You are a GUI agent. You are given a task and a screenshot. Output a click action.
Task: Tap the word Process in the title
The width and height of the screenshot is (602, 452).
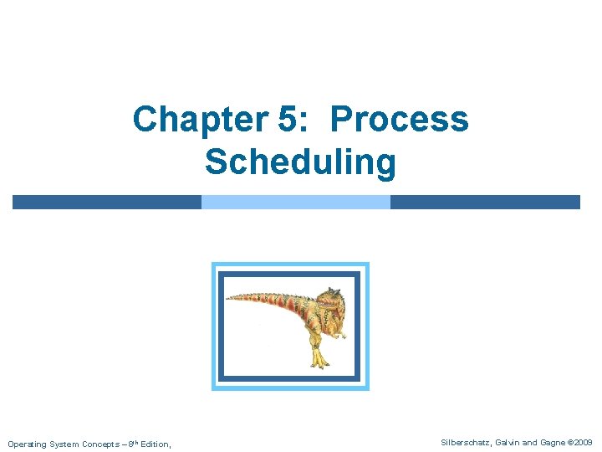click(400, 120)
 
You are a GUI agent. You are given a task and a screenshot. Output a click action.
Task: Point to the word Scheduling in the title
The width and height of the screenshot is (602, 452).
click(300, 162)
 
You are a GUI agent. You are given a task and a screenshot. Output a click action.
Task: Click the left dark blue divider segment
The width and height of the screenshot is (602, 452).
click(107, 202)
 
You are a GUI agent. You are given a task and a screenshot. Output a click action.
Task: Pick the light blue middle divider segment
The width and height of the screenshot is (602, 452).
click(296, 202)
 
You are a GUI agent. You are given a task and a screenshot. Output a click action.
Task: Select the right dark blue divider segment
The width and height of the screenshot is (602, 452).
click(485, 202)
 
